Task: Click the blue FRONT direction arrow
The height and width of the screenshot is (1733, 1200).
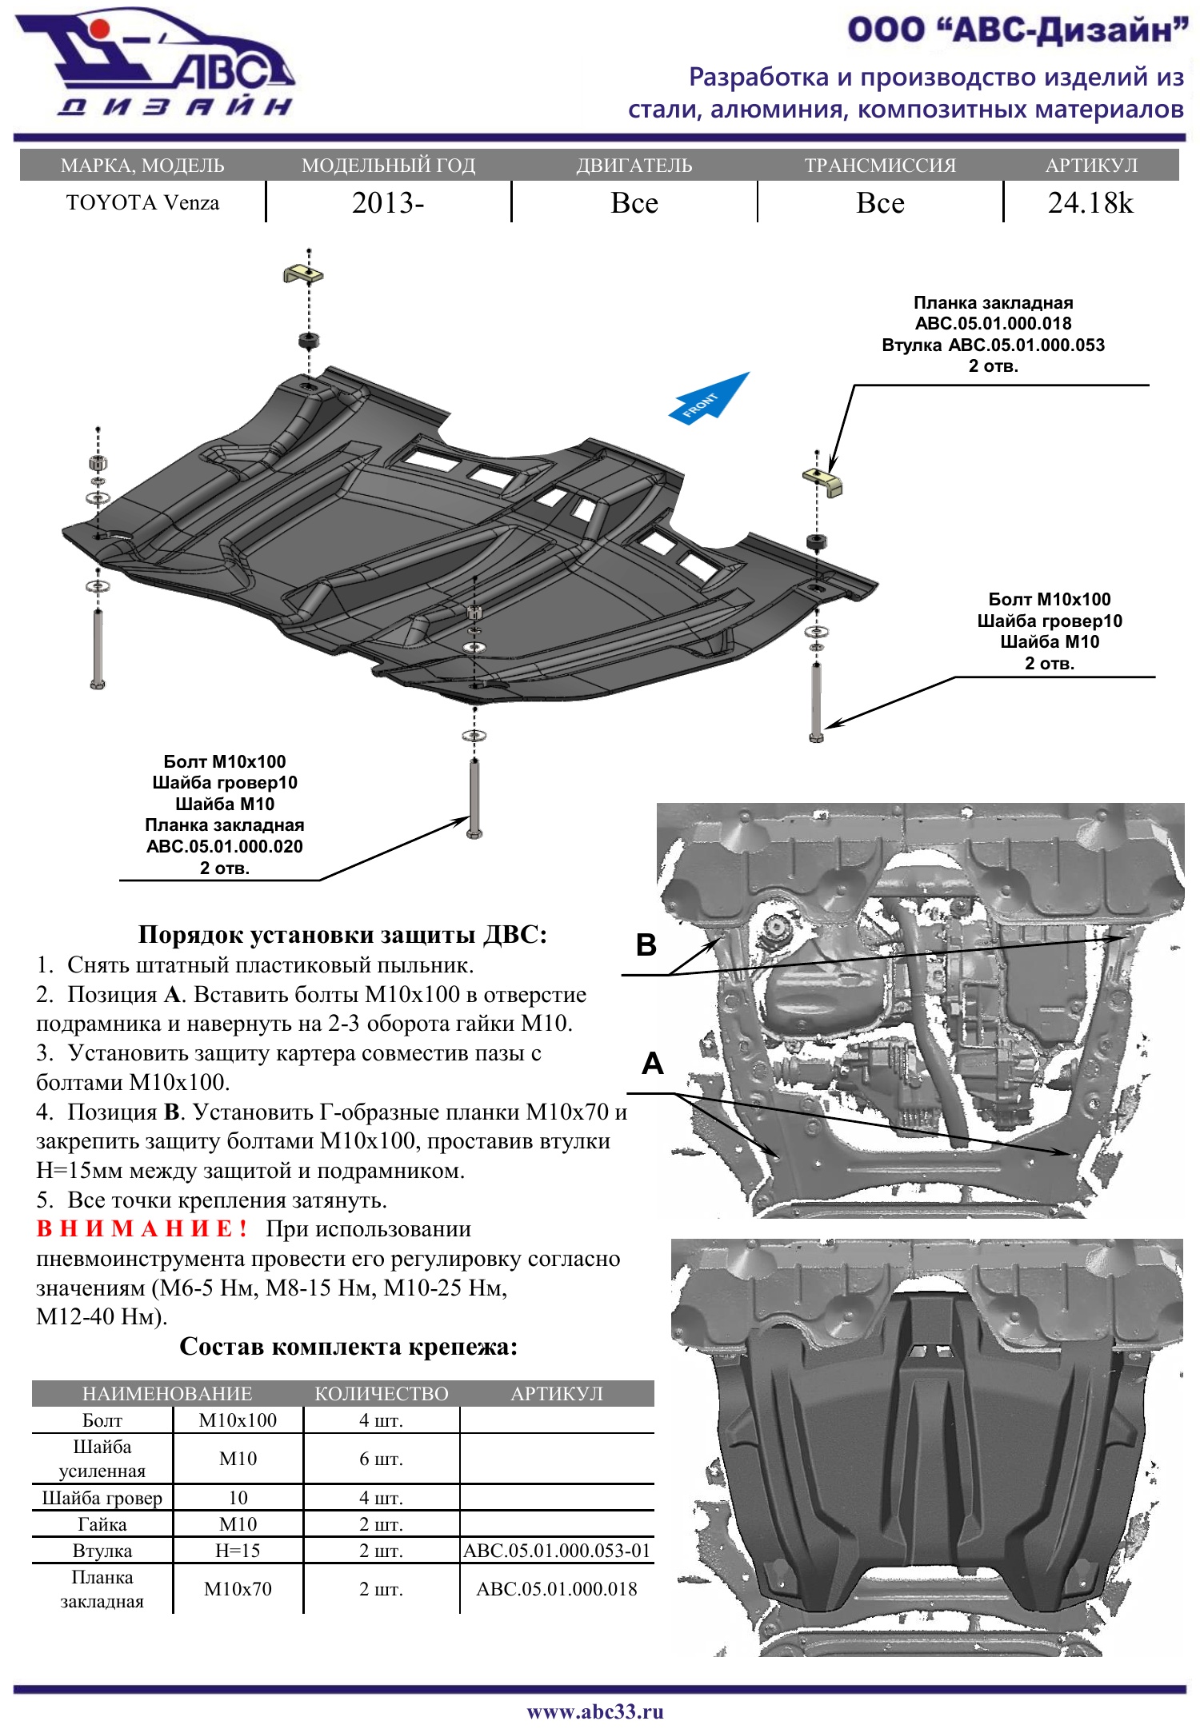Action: pos(708,399)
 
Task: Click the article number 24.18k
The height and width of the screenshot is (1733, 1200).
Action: pos(1090,203)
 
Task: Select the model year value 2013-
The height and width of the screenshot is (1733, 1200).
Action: pos(388,203)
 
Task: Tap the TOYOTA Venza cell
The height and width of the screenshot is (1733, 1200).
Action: pos(142,203)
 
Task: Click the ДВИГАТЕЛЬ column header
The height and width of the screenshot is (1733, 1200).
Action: pos(634,166)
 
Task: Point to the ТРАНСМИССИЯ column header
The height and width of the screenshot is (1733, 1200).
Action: pos(880,166)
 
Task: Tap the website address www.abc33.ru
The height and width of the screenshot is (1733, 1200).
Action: pos(595,1711)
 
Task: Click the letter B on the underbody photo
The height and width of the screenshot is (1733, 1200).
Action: pos(646,944)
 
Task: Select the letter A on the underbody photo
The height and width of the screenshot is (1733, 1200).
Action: pos(653,1064)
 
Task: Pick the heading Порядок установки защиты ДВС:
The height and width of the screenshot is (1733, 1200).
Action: pos(342,934)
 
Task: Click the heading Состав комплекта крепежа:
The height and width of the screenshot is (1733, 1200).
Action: pos(348,1347)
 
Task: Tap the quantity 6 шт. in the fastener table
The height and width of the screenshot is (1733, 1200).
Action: pos(381,1459)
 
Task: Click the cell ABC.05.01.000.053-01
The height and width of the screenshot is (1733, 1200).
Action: pos(557,1551)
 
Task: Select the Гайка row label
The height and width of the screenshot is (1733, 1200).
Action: pos(102,1524)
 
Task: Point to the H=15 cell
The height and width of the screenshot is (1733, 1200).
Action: pos(238,1551)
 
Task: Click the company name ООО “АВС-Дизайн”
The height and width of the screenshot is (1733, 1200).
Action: pos(1018,30)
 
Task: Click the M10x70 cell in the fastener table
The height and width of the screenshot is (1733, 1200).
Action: pos(238,1589)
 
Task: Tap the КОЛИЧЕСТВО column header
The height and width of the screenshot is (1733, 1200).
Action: pos(381,1394)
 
